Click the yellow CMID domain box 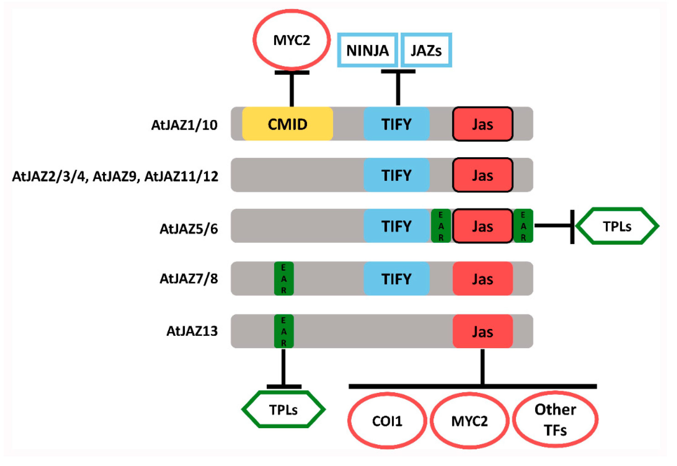287,124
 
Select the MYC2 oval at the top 292,40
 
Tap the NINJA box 367,50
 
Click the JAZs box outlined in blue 426,50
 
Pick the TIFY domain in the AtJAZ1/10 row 396,124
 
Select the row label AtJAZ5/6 189,229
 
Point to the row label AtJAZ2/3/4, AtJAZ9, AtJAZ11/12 115,176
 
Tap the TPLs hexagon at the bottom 283,410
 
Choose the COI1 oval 387,421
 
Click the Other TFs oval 555,420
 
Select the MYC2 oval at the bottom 469,421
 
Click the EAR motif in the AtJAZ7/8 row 284,278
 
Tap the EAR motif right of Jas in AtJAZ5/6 523,226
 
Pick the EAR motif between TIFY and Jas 441,226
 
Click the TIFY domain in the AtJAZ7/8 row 396,278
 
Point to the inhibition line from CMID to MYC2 292,89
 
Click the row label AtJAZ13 192,331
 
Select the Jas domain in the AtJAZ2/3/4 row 482,175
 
